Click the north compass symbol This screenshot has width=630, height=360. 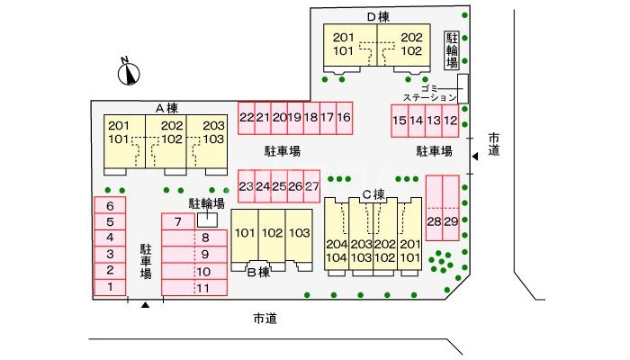(130, 70)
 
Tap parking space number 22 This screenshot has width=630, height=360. (246, 119)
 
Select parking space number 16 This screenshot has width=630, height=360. (343, 119)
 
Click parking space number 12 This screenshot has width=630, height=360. (451, 121)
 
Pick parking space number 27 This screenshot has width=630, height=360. (311, 186)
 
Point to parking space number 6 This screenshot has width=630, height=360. (110, 205)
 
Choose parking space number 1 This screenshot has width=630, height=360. (110, 287)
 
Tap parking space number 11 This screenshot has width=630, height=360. (203, 288)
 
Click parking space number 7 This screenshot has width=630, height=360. (178, 221)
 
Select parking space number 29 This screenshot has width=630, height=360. (452, 221)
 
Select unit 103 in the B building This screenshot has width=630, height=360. (299, 234)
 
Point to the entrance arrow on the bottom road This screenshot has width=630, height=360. (144, 306)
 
